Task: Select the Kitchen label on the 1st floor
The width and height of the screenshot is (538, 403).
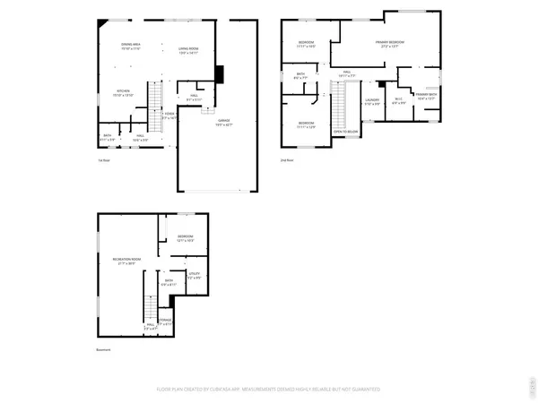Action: pyautogui.click(x=122, y=92)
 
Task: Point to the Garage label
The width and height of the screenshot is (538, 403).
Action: pyautogui.click(x=222, y=121)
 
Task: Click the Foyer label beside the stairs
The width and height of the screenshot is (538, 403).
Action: pyautogui.click(x=168, y=116)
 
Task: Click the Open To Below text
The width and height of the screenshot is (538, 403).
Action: pyautogui.click(x=344, y=131)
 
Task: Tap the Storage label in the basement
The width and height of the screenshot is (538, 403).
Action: pyautogui.click(x=165, y=320)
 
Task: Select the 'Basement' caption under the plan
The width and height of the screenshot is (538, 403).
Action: pyautogui.click(x=104, y=349)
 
